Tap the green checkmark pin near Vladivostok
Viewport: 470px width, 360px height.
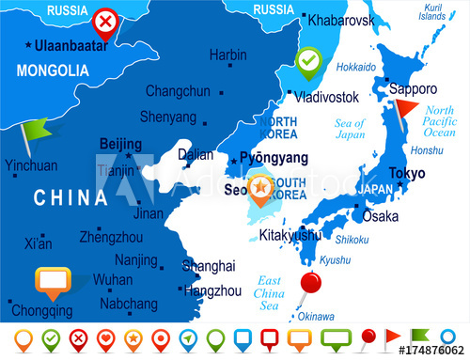307,61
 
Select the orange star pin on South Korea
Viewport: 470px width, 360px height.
260,187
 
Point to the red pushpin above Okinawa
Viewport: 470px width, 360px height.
309,282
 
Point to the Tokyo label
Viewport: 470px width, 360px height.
406,173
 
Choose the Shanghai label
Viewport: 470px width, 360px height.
208,266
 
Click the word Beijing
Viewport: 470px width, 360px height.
120,144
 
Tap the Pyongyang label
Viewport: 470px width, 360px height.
274,157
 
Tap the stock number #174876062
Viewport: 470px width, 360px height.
431,350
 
